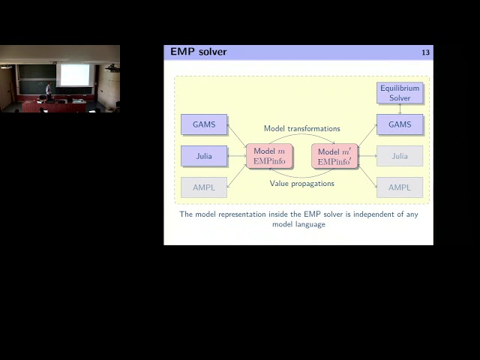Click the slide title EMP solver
pos(198,52)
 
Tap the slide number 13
pos(425,52)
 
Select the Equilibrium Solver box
pos(400,93)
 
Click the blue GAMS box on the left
pos(204,124)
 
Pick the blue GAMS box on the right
pos(400,124)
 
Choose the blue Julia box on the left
pos(204,156)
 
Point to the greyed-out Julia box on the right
pos(400,156)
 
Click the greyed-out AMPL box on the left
pos(204,187)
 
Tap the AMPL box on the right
pos(400,187)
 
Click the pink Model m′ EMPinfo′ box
pos(334,156)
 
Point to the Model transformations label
pos(301,129)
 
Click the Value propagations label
pos(301,184)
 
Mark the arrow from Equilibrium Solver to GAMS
pos(400,109)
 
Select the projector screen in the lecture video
pos(74,73)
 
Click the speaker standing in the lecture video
pos(49,91)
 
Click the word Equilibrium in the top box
pos(400,88)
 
